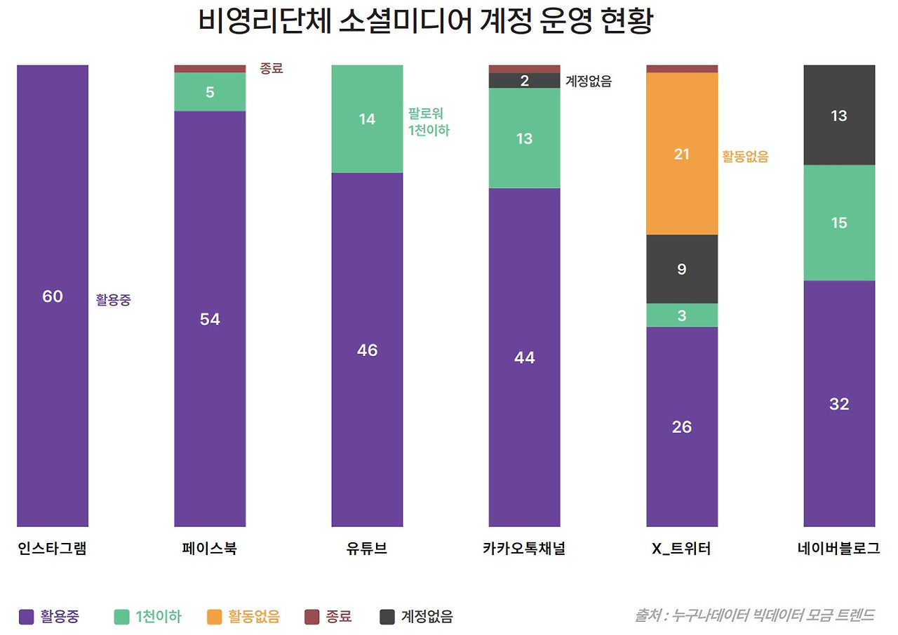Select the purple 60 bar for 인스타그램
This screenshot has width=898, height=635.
pos(53,295)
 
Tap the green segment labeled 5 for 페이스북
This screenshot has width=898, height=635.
pos(210,92)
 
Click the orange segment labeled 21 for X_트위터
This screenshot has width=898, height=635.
pos(681,154)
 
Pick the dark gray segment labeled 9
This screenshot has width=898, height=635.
pos(681,269)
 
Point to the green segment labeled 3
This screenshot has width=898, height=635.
pos(681,315)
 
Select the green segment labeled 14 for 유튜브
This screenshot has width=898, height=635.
pos(367,119)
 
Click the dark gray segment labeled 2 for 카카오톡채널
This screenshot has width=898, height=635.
pos(524,81)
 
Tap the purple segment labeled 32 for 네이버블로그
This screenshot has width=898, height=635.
pos(839,403)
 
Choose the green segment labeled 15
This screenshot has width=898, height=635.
pos(839,223)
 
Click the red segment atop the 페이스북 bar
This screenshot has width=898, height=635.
pos(210,69)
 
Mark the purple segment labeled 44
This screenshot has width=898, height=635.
pos(524,357)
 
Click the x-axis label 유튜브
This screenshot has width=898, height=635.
pos(367,549)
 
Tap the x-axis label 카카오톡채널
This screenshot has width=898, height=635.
pos(524,549)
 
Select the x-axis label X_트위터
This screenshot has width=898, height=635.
pos(681,549)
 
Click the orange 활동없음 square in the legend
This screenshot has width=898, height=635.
pos(215,617)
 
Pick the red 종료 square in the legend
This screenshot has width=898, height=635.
pos(312,617)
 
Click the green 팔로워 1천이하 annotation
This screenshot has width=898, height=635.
pos(429,122)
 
